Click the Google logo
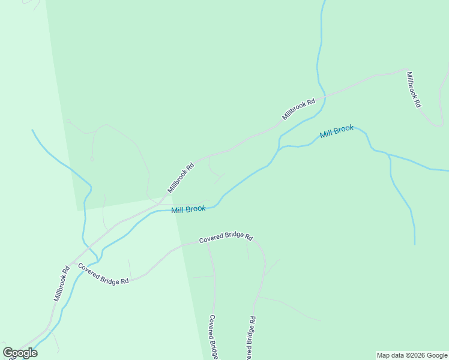pyautogui.click(x=20, y=353)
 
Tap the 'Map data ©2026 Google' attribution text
pyautogui.click(x=412, y=355)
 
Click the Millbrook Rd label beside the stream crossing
pyautogui.click(x=299, y=109)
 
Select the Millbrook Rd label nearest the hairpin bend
pyautogui.click(x=414, y=89)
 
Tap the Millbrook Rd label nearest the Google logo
pyautogui.click(x=62, y=283)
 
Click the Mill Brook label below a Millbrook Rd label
pyautogui.click(x=188, y=209)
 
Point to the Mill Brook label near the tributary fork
pyautogui.click(x=337, y=131)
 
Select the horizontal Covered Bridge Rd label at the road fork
pyautogui.click(x=226, y=238)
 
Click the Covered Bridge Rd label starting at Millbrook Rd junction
pyautogui.click(x=103, y=273)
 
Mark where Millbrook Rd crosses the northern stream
pyautogui.click(x=325, y=96)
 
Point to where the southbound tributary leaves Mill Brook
pyautogui.click(x=389, y=155)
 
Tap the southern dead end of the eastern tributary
pyautogui.click(x=415, y=244)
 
